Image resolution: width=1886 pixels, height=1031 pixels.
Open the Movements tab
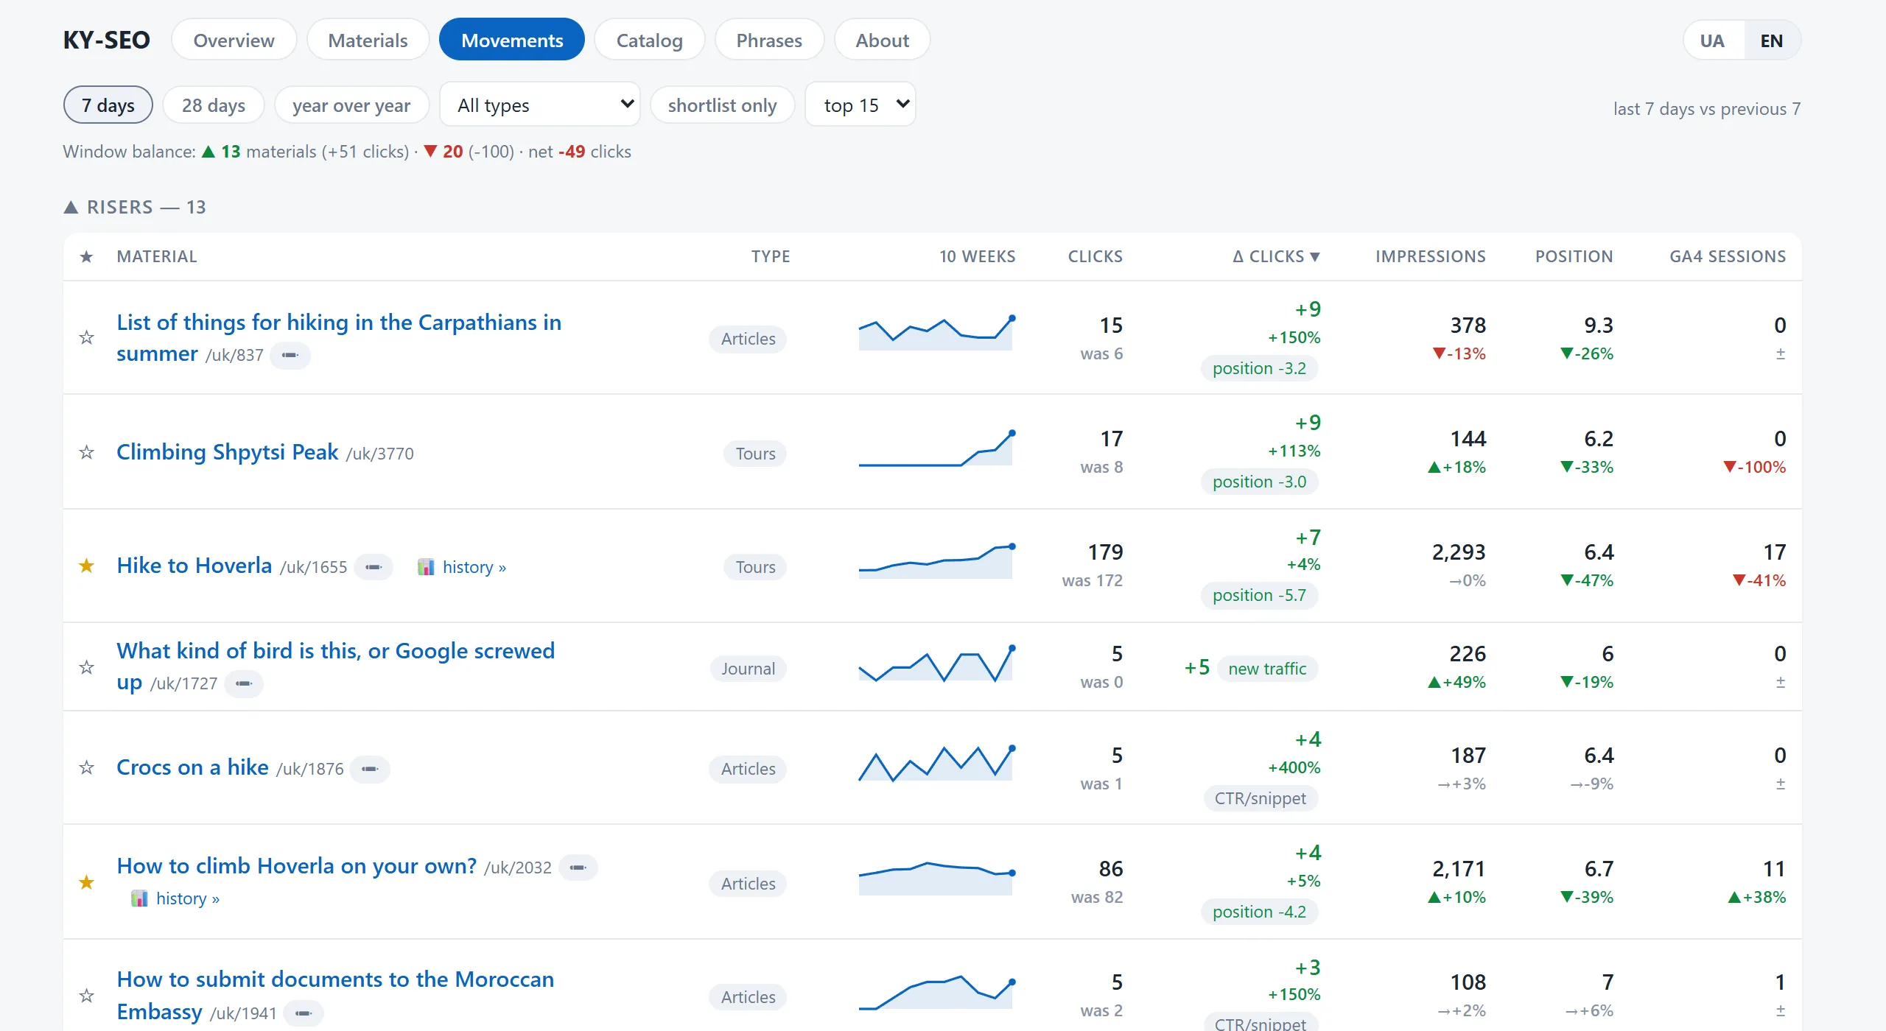click(512, 40)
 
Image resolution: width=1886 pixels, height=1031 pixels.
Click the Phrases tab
click(769, 40)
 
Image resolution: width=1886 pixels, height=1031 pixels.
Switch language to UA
click(1712, 41)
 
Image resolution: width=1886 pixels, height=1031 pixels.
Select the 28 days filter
click(214, 105)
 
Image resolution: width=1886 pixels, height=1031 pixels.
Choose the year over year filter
click(351, 105)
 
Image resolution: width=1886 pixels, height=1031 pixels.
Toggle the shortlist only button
click(722, 105)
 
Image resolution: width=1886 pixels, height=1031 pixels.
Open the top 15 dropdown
click(860, 105)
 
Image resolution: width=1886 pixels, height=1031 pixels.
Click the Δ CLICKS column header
click(1277, 256)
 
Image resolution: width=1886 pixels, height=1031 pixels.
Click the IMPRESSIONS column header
click(1431, 256)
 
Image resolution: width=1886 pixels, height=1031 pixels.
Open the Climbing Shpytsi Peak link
click(228, 451)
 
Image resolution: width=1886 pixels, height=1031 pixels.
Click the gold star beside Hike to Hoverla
click(86, 566)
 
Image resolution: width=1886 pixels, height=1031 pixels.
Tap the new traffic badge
click(1267, 669)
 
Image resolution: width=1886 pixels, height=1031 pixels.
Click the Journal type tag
click(749, 669)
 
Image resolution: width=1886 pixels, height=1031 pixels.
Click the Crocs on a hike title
click(192, 767)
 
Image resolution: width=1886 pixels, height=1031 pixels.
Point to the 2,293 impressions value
click(1459, 552)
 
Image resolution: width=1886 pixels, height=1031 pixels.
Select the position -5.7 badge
click(1259, 595)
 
